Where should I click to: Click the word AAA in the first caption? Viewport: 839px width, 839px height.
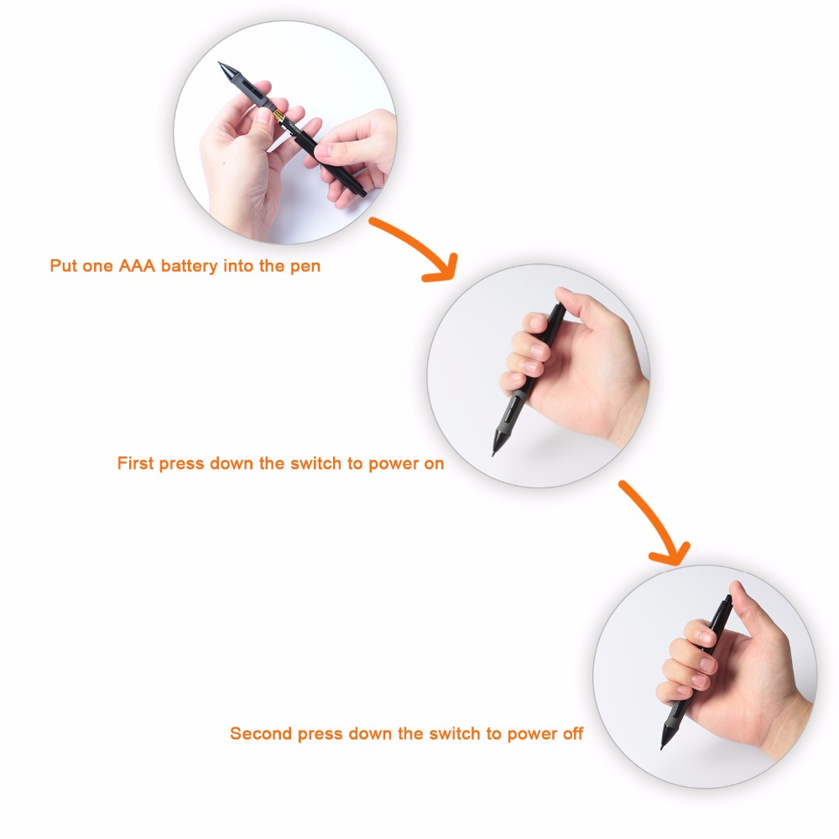(x=137, y=265)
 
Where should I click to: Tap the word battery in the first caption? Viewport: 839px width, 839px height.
(x=189, y=266)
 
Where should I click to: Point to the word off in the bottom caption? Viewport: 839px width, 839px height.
(x=572, y=733)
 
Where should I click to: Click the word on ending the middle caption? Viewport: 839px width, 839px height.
(x=434, y=463)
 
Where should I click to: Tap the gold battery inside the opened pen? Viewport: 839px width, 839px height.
(x=279, y=116)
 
